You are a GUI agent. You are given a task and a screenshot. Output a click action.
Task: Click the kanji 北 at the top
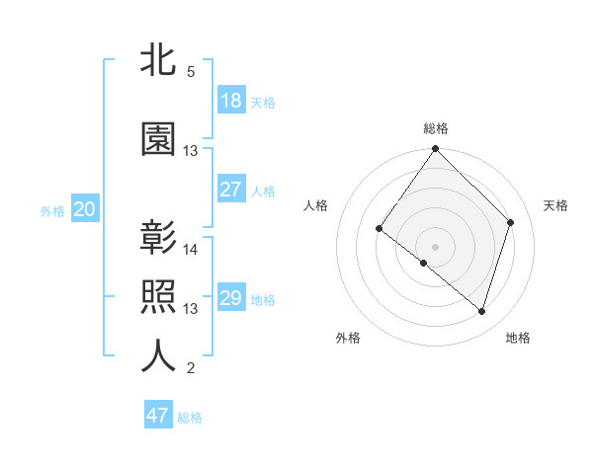[x=158, y=60]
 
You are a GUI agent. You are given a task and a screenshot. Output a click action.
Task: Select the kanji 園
[x=158, y=139]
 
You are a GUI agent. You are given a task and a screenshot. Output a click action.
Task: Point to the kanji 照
[x=158, y=297]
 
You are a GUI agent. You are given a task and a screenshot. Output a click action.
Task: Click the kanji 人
[x=158, y=356]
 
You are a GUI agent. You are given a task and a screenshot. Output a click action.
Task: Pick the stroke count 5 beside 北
[x=190, y=72]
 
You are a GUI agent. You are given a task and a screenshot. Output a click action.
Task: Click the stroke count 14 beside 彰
[x=191, y=250]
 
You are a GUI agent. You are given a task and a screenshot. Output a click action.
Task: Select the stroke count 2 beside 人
[x=190, y=368]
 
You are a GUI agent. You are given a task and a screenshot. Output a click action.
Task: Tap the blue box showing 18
[x=231, y=101]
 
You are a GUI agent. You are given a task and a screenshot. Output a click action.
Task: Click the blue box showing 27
[x=231, y=190]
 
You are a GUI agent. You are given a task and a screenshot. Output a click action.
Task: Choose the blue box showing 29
[x=231, y=298]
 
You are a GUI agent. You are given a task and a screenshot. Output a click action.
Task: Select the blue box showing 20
[x=85, y=209]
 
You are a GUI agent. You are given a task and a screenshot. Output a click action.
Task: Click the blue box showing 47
[x=158, y=416]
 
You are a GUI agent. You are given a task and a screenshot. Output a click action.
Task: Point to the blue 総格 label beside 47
[x=190, y=418]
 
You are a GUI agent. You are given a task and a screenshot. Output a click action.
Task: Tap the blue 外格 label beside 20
[x=52, y=210]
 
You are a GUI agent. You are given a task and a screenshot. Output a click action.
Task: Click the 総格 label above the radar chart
[x=436, y=128]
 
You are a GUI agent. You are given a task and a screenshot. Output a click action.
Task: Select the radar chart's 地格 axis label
[x=518, y=338]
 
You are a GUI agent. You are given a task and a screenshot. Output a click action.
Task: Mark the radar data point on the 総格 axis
[x=435, y=150]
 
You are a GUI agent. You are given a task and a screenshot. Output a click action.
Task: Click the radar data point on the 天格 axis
[x=511, y=222]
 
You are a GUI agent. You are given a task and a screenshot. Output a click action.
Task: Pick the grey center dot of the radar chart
[x=435, y=246]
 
